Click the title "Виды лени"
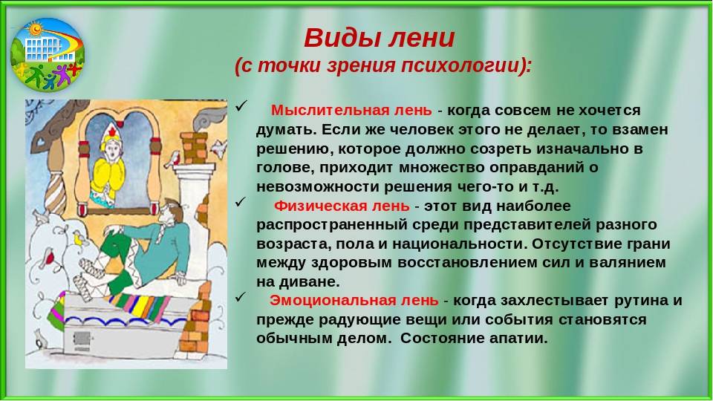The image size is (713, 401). click(x=380, y=37)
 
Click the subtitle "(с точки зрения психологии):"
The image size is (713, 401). click(x=383, y=66)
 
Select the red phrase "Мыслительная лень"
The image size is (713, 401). click(x=351, y=111)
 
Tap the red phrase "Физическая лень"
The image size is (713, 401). click(x=342, y=206)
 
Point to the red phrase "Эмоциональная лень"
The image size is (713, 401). click(x=354, y=301)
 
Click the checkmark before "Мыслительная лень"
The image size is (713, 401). click(x=241, y=107)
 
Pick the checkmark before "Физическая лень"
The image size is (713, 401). click(x=241, y=202)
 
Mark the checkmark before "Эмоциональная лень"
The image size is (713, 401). click(x=241, y=297)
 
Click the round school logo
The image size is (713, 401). click(x=48, y=55)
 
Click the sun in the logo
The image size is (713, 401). click(x=35, y=29)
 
